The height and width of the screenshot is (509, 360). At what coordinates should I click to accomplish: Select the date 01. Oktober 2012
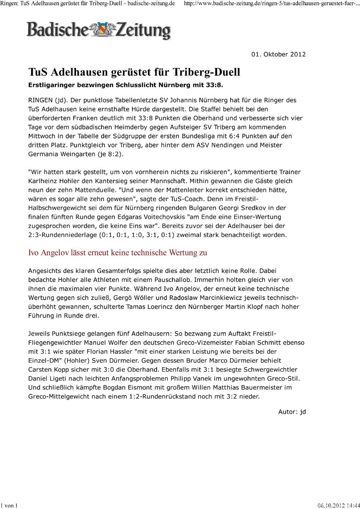pyautogui.click(x=278, y=54)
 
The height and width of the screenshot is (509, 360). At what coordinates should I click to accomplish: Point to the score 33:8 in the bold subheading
pyautogui.click(x=214, y=86)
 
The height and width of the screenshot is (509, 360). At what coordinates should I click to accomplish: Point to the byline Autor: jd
pyautogui.click(x=292, y=412)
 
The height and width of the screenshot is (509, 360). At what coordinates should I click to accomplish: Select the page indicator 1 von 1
pyautogui.click(x=9, y=505)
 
